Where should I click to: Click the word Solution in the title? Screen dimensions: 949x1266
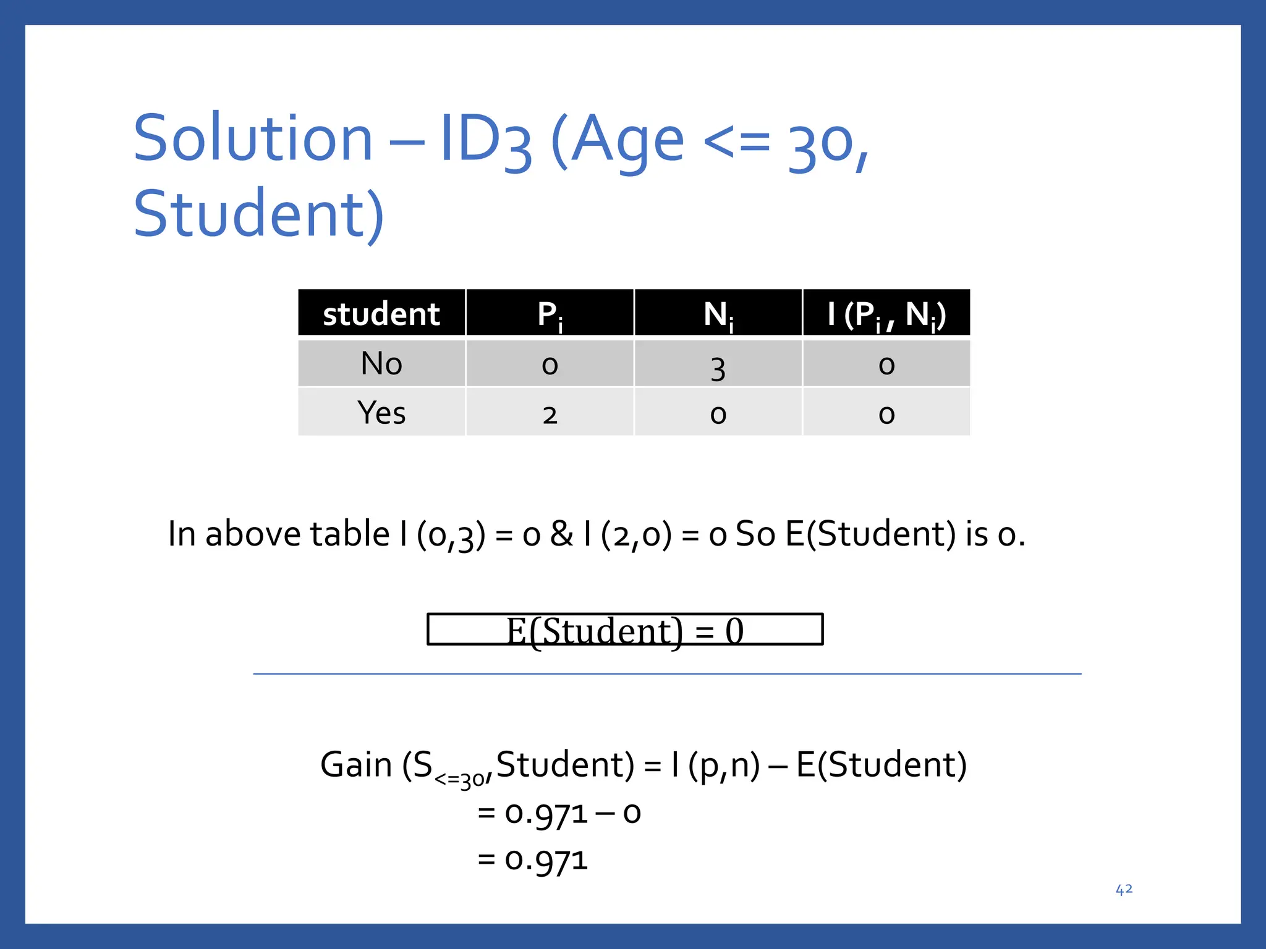(253, 138)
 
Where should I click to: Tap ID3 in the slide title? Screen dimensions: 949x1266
(485, 140)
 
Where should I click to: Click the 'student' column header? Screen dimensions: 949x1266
(381, 314)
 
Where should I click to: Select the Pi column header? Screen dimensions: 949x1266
(550, 314)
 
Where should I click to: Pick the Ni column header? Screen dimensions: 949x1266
(718, 314)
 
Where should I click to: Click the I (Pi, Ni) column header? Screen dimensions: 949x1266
(886, 314)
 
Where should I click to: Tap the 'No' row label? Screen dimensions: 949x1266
(381, 363)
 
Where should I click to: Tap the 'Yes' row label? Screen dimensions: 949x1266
(381, 413)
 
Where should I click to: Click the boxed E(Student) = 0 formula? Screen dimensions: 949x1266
(624, 630)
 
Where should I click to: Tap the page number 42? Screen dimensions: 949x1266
(1123, 889)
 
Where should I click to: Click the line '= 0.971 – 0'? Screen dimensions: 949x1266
(559, 813)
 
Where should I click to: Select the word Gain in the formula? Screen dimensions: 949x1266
(356, 765)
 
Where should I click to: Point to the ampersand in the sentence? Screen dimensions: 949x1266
(561, 534)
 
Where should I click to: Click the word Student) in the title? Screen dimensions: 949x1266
(259, 214)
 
